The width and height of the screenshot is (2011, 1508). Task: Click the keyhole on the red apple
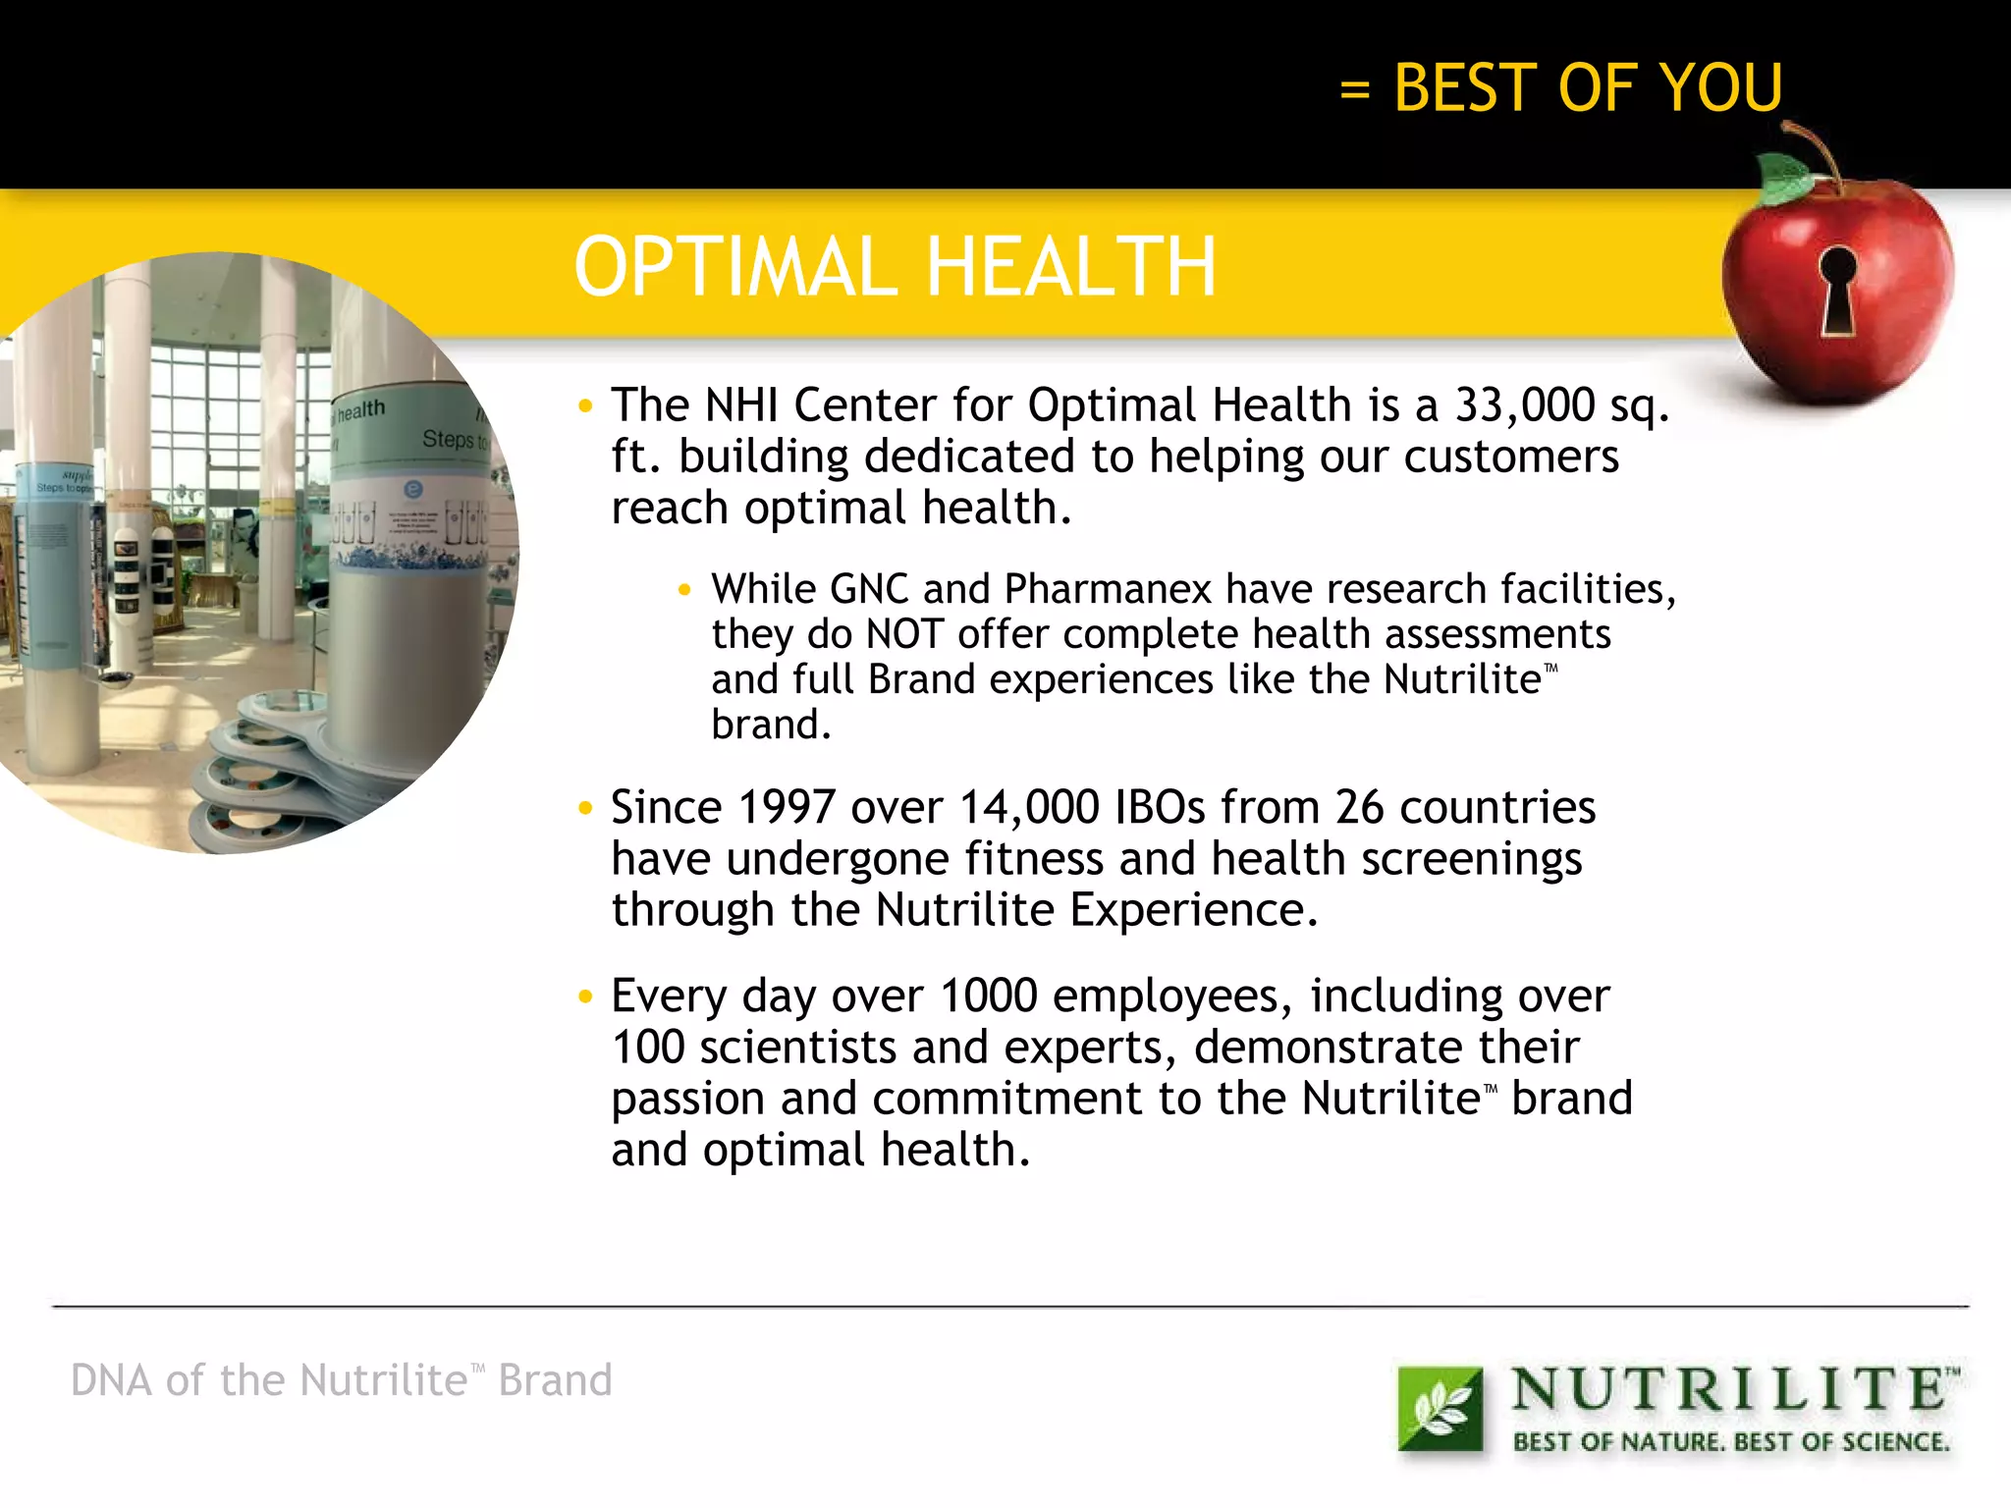[1837, 288]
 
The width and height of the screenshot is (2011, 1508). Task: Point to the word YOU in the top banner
[1720, 88]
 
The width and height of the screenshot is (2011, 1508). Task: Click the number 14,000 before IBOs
[1028, 808]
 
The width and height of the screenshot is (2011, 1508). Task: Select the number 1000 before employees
[988, 996]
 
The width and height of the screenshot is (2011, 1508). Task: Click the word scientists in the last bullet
[797, 1048]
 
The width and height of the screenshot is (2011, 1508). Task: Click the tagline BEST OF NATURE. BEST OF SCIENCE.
[1730, 1442]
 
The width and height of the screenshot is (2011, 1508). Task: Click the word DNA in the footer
[111, 1380]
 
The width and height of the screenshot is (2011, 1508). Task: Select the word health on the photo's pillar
[360, 409]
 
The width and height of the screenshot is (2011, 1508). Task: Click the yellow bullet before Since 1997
[586, 809]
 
